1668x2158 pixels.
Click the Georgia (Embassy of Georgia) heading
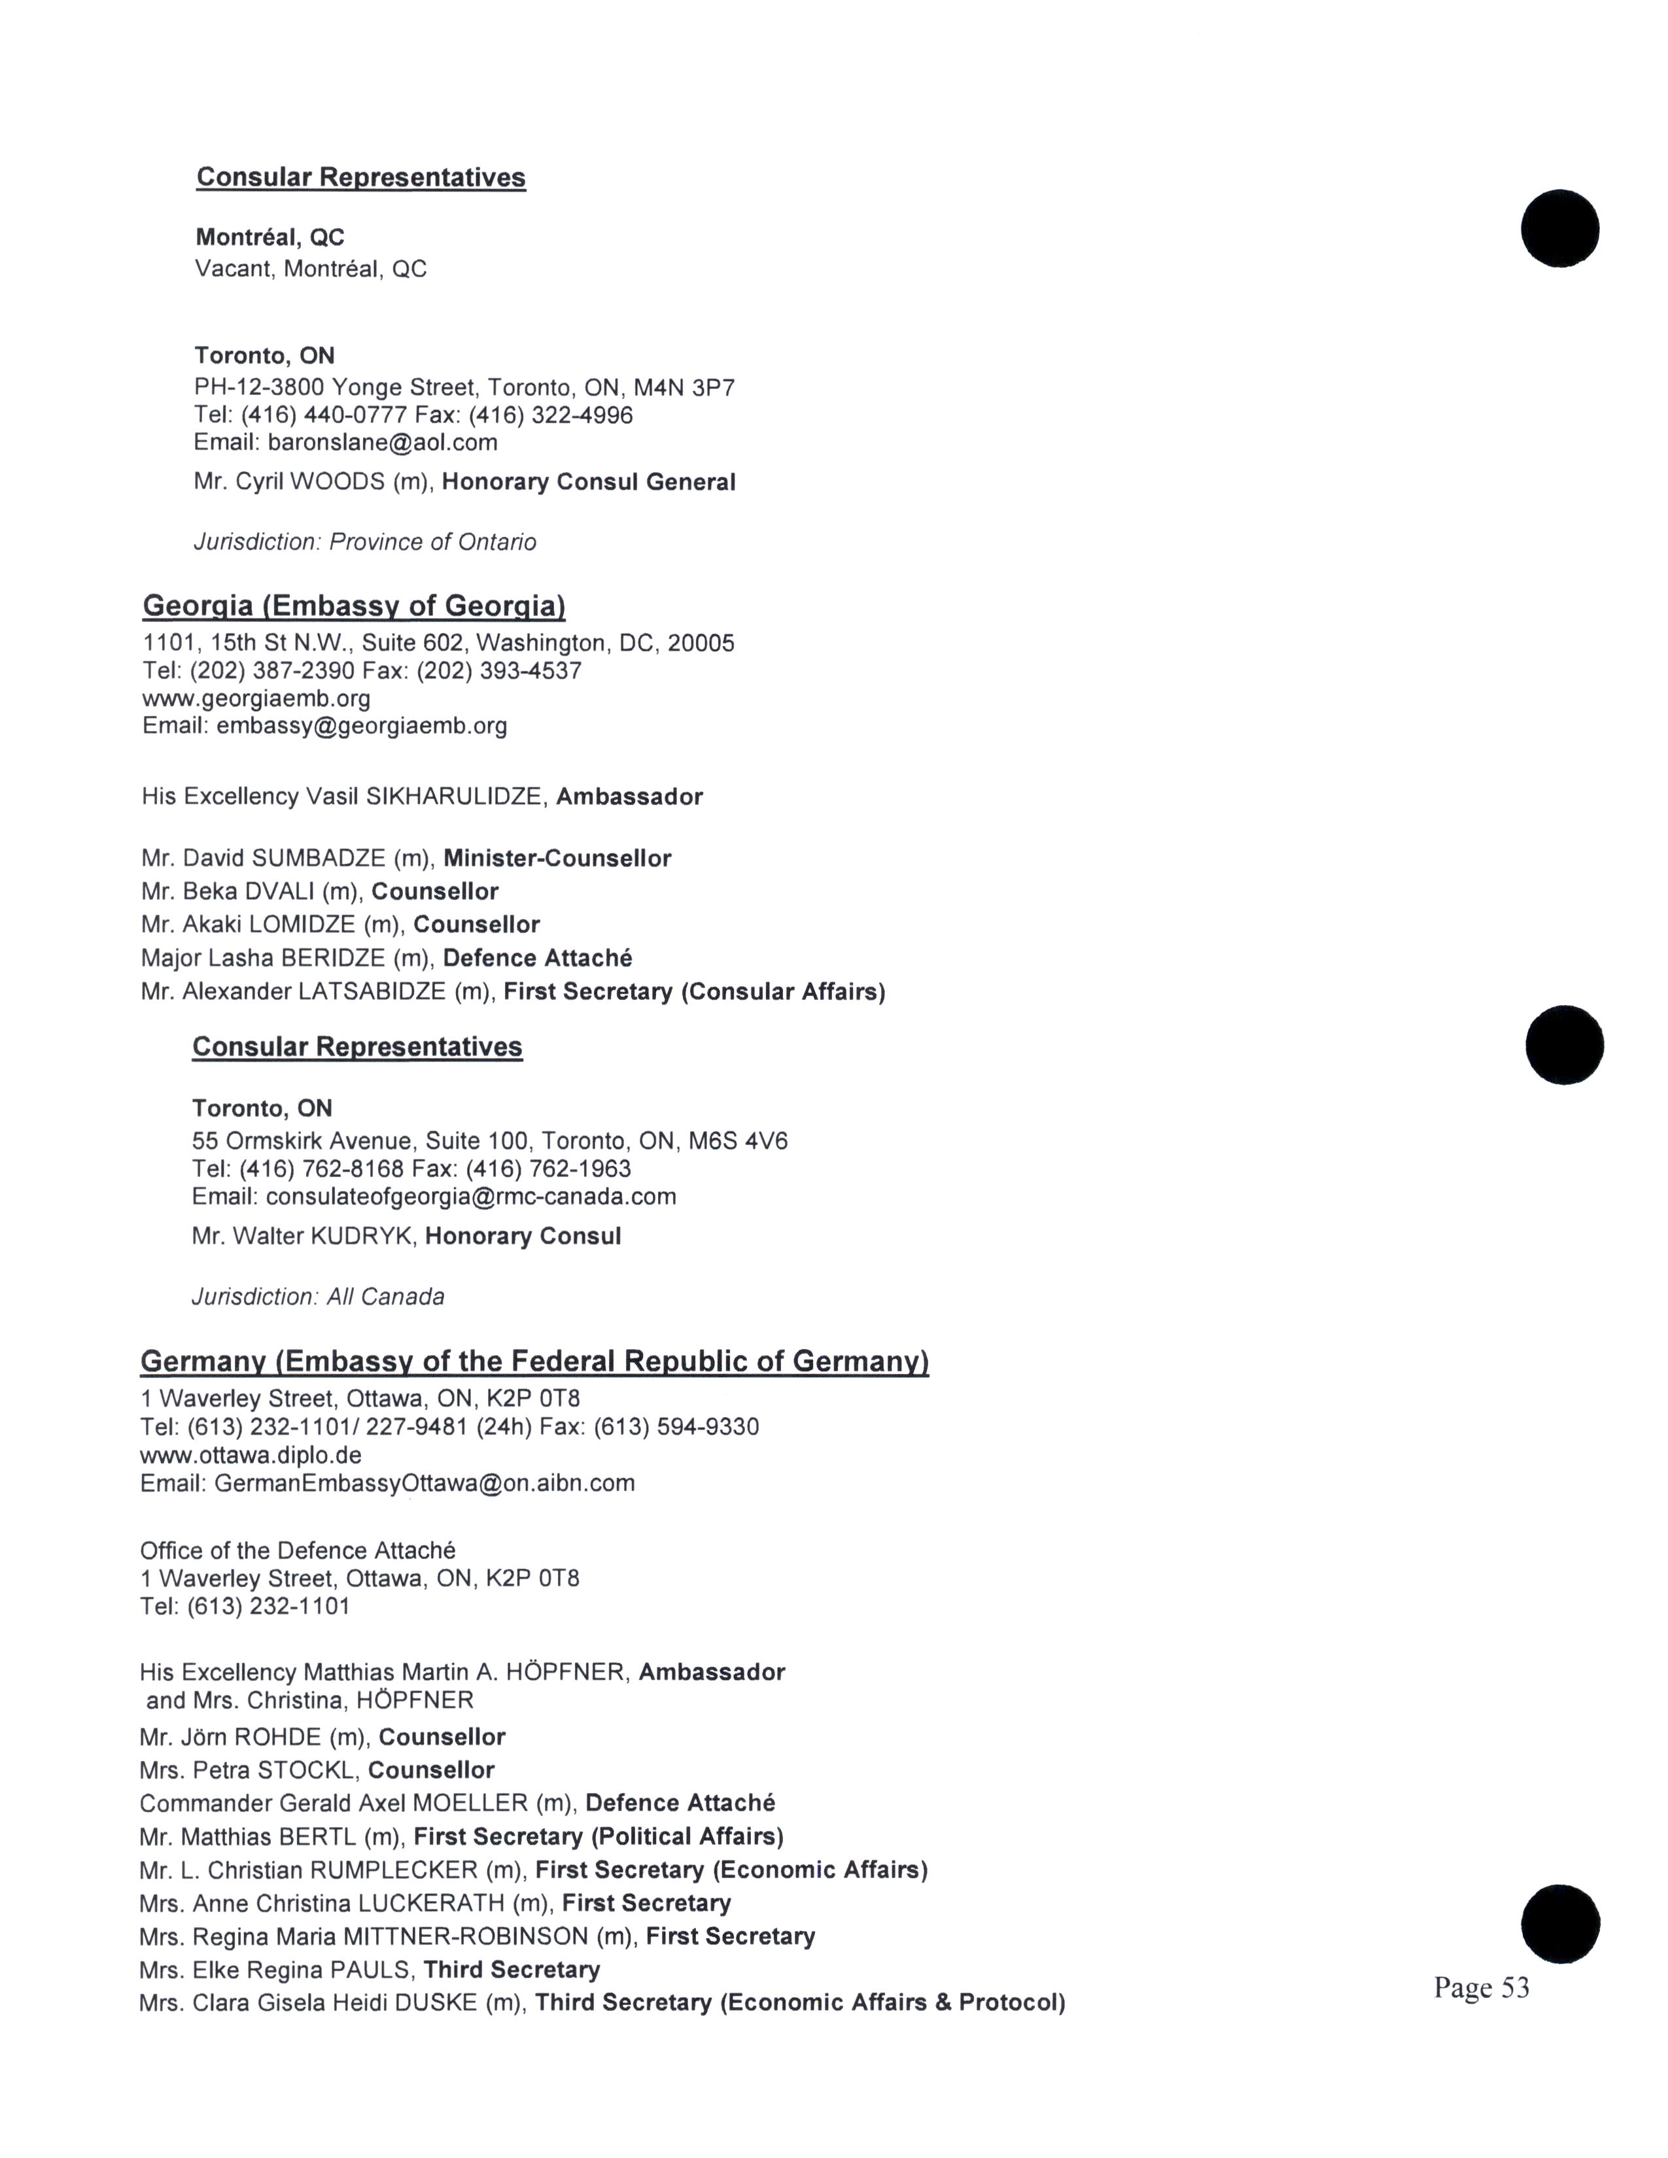coord(354,606)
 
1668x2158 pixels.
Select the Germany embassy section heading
coord(534,1361)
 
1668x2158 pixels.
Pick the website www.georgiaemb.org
coord(256,698)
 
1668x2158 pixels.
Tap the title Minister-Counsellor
coord(557,858)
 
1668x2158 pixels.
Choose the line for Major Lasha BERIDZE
coord(387,957)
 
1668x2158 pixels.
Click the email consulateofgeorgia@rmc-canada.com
coord(470,1197)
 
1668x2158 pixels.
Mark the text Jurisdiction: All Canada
coord(318,1296)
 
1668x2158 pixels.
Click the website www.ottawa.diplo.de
coord(251,1454)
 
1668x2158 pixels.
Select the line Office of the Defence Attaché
coord(298,1550)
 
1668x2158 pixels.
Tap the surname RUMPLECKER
coord(393,1870)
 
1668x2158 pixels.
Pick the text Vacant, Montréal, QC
coord(311,269)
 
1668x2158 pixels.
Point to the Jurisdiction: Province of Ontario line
coord(364,541)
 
